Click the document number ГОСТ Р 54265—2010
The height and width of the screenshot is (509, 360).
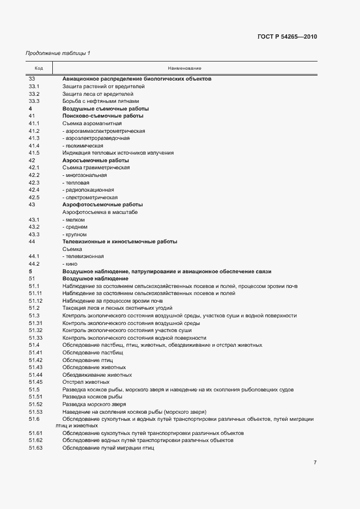click(x=286, y=37)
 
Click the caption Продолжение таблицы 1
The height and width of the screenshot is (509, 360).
click(x=58, y=53)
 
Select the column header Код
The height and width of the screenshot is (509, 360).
click(x=39, y=68)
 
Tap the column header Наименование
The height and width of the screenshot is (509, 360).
click(x=184, y=68)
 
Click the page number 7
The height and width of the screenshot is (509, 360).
click(x=315, y=462)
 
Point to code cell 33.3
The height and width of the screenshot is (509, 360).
click(x=34, y=101)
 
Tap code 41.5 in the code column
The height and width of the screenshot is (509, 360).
click(x=34, y=153)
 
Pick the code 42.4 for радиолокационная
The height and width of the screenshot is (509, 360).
click(x=34, y=190)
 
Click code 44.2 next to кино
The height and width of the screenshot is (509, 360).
click(x=34, y=264)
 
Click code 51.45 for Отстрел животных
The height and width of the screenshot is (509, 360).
click(x=35, y=382)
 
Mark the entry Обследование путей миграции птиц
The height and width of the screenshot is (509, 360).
click(x=108, y=447)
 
